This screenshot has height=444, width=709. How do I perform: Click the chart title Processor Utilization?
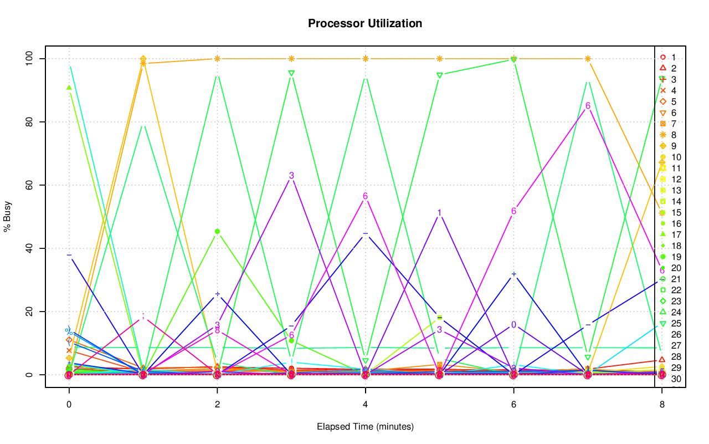[x=365, y=23]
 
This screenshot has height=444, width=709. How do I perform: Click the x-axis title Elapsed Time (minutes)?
[x=365, y=427]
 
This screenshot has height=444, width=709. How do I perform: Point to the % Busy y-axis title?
[x=8, y=216]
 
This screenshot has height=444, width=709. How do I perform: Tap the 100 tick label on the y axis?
[x=32, y=59]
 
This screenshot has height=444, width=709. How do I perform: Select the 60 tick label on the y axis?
[x=32, y=185]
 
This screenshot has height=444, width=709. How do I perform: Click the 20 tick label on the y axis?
[x=32, y=312]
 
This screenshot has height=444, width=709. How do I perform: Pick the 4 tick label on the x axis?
[x=366, y=405]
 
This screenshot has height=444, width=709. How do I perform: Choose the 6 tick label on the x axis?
[x=513, y=405]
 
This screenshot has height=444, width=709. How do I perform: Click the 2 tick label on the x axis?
[x=217, y=405]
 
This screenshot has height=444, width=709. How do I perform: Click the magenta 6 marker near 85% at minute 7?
[x=588, y=106]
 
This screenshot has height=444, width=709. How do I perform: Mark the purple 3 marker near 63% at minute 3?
[x=291, y=176]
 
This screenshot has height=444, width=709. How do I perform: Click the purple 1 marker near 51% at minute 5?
[x=439, y=213]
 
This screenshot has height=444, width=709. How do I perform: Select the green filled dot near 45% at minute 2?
[x=217, y=231]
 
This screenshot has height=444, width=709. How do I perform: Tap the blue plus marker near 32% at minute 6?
[x=513, y=274]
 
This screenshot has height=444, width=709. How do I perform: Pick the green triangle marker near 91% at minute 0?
[x=69, y=88]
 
